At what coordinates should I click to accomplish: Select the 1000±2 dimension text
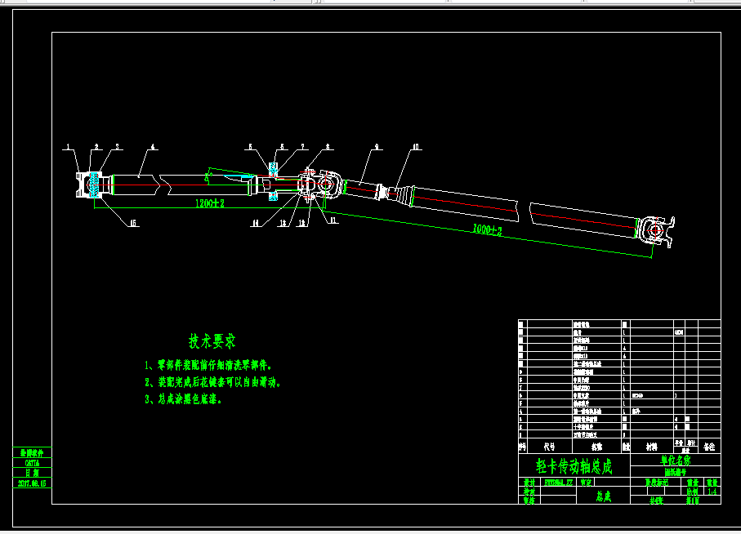tap(487, 231)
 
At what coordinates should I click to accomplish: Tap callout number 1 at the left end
tap(70, 147)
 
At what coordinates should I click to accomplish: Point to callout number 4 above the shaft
tap(153, 147)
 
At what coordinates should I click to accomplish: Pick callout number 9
tap(377, 147)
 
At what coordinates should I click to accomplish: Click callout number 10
tap(416, 147)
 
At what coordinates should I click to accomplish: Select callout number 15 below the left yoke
tap(133, 222)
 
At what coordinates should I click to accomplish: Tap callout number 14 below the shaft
tap(256, 222)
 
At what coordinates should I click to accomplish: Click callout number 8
tap(328, 147)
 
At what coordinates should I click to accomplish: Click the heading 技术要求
tap(212, 340)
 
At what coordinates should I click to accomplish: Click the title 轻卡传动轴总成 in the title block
tap(573, 467)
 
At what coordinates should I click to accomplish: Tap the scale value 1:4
tap(712, 492)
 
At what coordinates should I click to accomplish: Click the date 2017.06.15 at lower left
tap(32, 483)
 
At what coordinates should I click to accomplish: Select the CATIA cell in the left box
tap(32, 462)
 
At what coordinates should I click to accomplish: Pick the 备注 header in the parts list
tap(708, 447)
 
